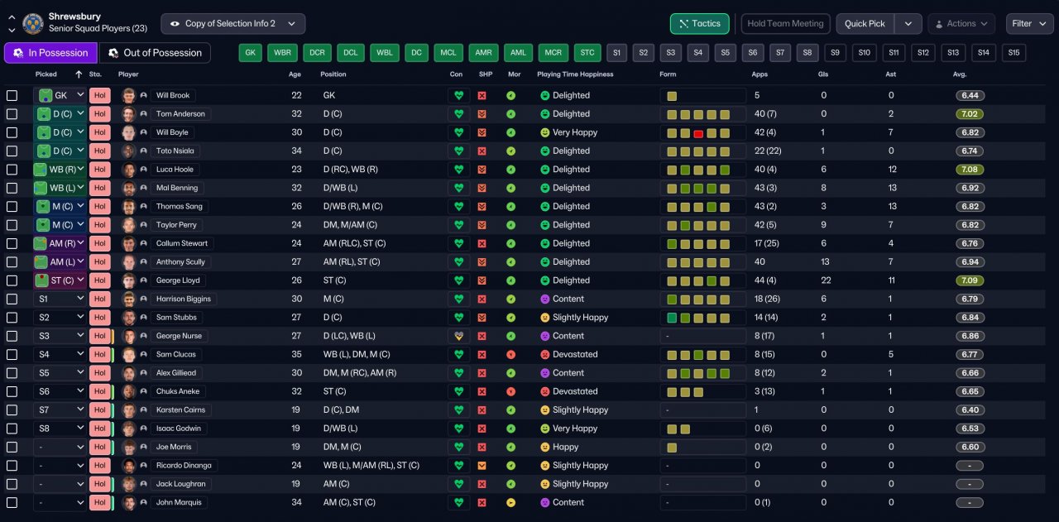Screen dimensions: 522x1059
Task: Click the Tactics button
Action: coord(699,24)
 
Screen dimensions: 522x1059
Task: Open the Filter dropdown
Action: coord(1029,24)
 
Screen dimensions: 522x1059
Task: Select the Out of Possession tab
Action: coord(155,53)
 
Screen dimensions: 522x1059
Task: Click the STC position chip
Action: coord(587,53)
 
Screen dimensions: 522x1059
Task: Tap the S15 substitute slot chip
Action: coord(1013,53)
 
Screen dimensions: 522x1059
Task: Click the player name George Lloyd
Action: coord(179,280)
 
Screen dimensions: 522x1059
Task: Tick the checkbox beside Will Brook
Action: coord(12,95)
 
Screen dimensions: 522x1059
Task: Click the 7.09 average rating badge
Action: coord(970,280)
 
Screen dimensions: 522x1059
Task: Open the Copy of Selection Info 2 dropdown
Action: coord(233,24)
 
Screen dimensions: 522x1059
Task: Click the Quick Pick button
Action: coord(865,24)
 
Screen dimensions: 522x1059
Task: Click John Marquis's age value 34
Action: coord(296,502)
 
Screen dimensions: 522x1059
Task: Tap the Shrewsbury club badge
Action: coord(33,23)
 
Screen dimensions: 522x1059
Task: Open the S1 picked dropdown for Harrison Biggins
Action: coord(59,299)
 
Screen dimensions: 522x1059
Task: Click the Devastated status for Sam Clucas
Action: coord(575,354)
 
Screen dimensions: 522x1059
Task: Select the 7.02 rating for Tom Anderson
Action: coord(970,114)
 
